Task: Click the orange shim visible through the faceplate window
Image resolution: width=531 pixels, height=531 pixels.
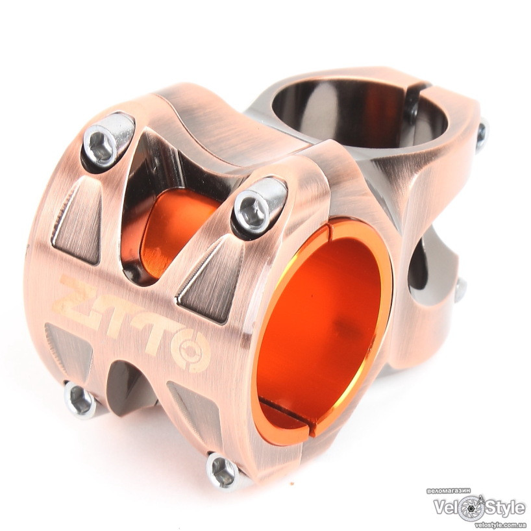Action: [x=176, y=230]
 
